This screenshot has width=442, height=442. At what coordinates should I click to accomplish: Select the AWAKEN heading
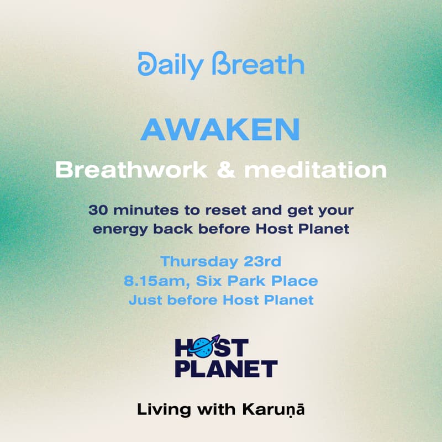coord(220,130)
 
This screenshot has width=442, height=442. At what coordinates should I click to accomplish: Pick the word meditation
coord(315,170)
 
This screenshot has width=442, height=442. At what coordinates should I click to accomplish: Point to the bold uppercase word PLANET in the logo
coord(226,368)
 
